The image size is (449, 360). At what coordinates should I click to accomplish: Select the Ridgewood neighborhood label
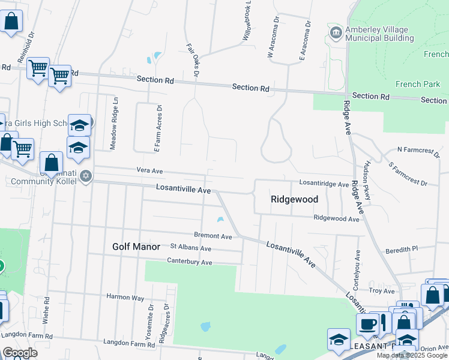[x=294, y=199]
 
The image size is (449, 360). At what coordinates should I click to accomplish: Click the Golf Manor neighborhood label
[x=136, y=247]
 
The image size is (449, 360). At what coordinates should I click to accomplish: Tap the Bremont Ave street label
[x=212, y=236]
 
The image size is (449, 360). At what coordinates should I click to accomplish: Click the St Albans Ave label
[x=191, y=248]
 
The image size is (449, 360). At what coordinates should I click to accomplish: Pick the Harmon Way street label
[x=125, y=296]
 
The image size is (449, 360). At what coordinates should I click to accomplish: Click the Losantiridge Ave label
[x=324, y=184]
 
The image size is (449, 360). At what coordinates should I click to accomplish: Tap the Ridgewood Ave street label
[x=336, y=219]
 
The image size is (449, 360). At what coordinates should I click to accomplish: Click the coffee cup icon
[x=367, y=325]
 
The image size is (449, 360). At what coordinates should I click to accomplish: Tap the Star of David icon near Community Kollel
[x=86, y=176]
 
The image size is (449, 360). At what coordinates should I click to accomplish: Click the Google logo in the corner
[x=20, y=353]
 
